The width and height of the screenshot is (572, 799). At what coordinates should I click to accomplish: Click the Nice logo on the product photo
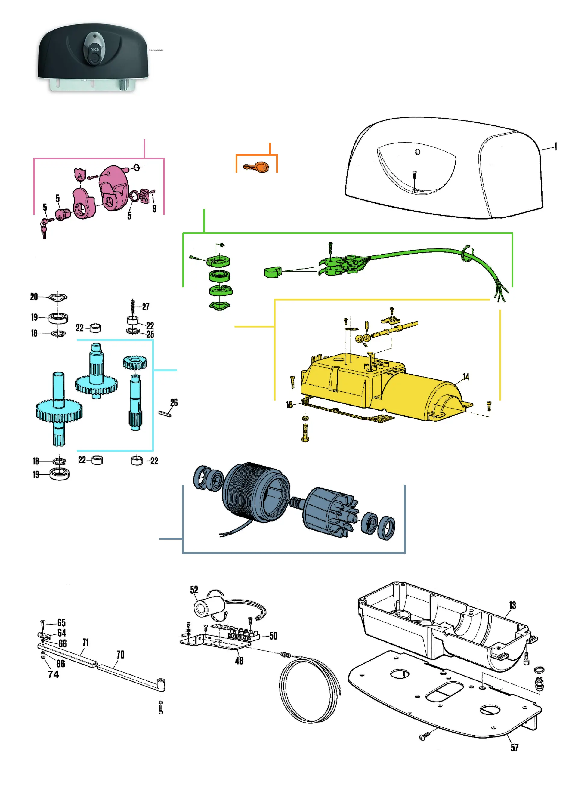[94, 49]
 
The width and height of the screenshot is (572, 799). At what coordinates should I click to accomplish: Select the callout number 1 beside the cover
[555, 146]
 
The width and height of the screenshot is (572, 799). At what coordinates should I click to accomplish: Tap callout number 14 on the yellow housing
[465, 377]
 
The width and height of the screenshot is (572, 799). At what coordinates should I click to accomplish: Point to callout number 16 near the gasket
[289, 405]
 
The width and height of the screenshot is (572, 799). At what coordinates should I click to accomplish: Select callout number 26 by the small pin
[174, 403]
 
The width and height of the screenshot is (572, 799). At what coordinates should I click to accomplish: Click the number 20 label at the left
[34, 297]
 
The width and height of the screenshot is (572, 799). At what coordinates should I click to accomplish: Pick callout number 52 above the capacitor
[194, 590]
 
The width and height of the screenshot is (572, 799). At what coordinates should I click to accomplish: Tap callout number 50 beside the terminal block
[273, 636]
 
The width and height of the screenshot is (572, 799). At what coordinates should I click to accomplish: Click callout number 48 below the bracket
[239, 661]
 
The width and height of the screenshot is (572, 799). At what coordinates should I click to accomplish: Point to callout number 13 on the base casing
[512, 605]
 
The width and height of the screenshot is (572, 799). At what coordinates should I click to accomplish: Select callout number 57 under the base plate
[514, 747]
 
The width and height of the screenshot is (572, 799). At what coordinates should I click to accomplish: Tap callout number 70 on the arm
[120, 654]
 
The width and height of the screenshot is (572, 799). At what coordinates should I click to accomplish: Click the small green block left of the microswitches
[272, 272]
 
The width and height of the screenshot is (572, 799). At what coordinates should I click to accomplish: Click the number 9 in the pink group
[154, 208]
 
